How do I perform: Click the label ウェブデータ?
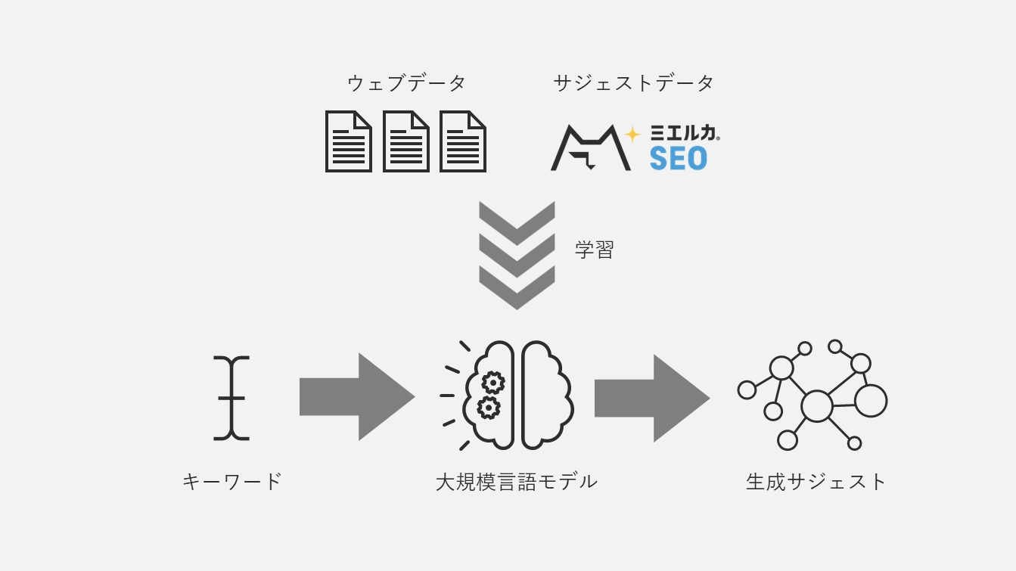(x=406, y=83)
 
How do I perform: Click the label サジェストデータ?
(x=633, y=83)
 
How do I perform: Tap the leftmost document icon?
(x=348, y=141)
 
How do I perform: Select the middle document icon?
(x=405, y=141)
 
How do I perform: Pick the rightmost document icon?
(x=462, y=141)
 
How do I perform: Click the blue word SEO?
(x=678, y=158)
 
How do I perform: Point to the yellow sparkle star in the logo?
(x=632, y=134)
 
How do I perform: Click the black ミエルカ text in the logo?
(x=684, y=133)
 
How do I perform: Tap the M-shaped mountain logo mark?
(x=590, y=147)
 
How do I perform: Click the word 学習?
(x=595, y=250)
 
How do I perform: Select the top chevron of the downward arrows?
(x=517, y=221)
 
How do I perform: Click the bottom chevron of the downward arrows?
(x=517, y=288)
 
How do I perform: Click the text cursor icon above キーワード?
(x=231, y=398)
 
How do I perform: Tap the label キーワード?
(x=232, y=481)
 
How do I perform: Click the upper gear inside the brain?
(x=493, y=383)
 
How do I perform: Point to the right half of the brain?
(x=546, y=396)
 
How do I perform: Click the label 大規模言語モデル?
(x=517, y=481)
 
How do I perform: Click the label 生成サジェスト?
(x=816, y=481)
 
